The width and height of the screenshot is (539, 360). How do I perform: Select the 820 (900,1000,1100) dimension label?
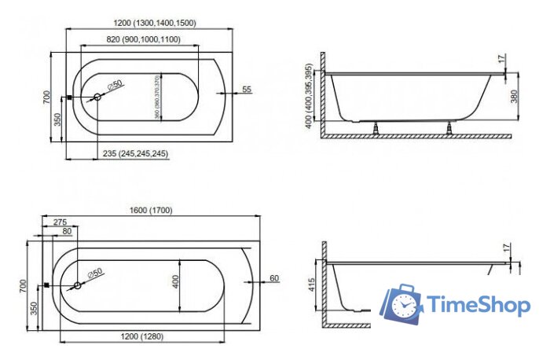coord(143,39)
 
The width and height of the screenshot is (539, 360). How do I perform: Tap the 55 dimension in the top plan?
coord(247,90)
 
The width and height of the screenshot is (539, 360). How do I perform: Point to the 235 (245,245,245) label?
coord(136,153)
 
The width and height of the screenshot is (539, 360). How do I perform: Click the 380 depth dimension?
coord(515,97)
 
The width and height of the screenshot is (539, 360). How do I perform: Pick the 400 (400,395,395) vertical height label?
coord(309,98)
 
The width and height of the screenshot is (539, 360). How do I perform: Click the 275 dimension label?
coord(60,223)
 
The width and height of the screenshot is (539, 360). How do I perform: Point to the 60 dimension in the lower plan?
coord(274,278)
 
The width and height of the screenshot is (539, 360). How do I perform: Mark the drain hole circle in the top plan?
coord(97,97)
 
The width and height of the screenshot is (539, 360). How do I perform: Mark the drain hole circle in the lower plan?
coord(77,285)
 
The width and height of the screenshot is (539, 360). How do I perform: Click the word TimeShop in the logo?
coord(477,305)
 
